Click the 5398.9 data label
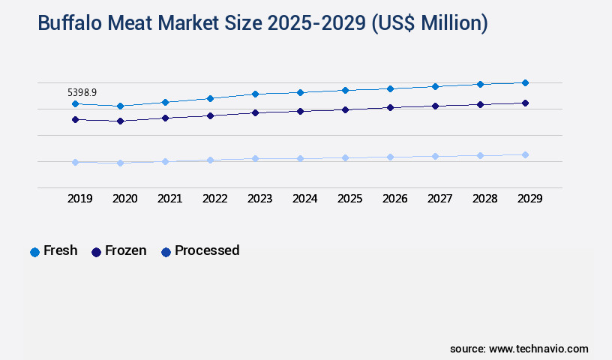pos(82,92)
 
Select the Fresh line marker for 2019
pos(75,103)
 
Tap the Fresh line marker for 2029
pos(525,82)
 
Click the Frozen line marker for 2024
pos(300,111)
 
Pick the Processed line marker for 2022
pos(210,160)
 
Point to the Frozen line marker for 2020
pos(120,121)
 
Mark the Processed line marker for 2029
pos(525,154)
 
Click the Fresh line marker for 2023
pos(255,94)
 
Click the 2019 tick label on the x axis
pos(80,199)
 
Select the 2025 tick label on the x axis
pos(349,199)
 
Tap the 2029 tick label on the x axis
pos(529,199)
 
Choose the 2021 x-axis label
pos(169,199)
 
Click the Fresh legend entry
pos(54,251)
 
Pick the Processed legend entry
pos(200,251)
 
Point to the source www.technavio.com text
pos(519,349)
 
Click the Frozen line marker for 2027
pos(435,106)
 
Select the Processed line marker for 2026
pos(390,157)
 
